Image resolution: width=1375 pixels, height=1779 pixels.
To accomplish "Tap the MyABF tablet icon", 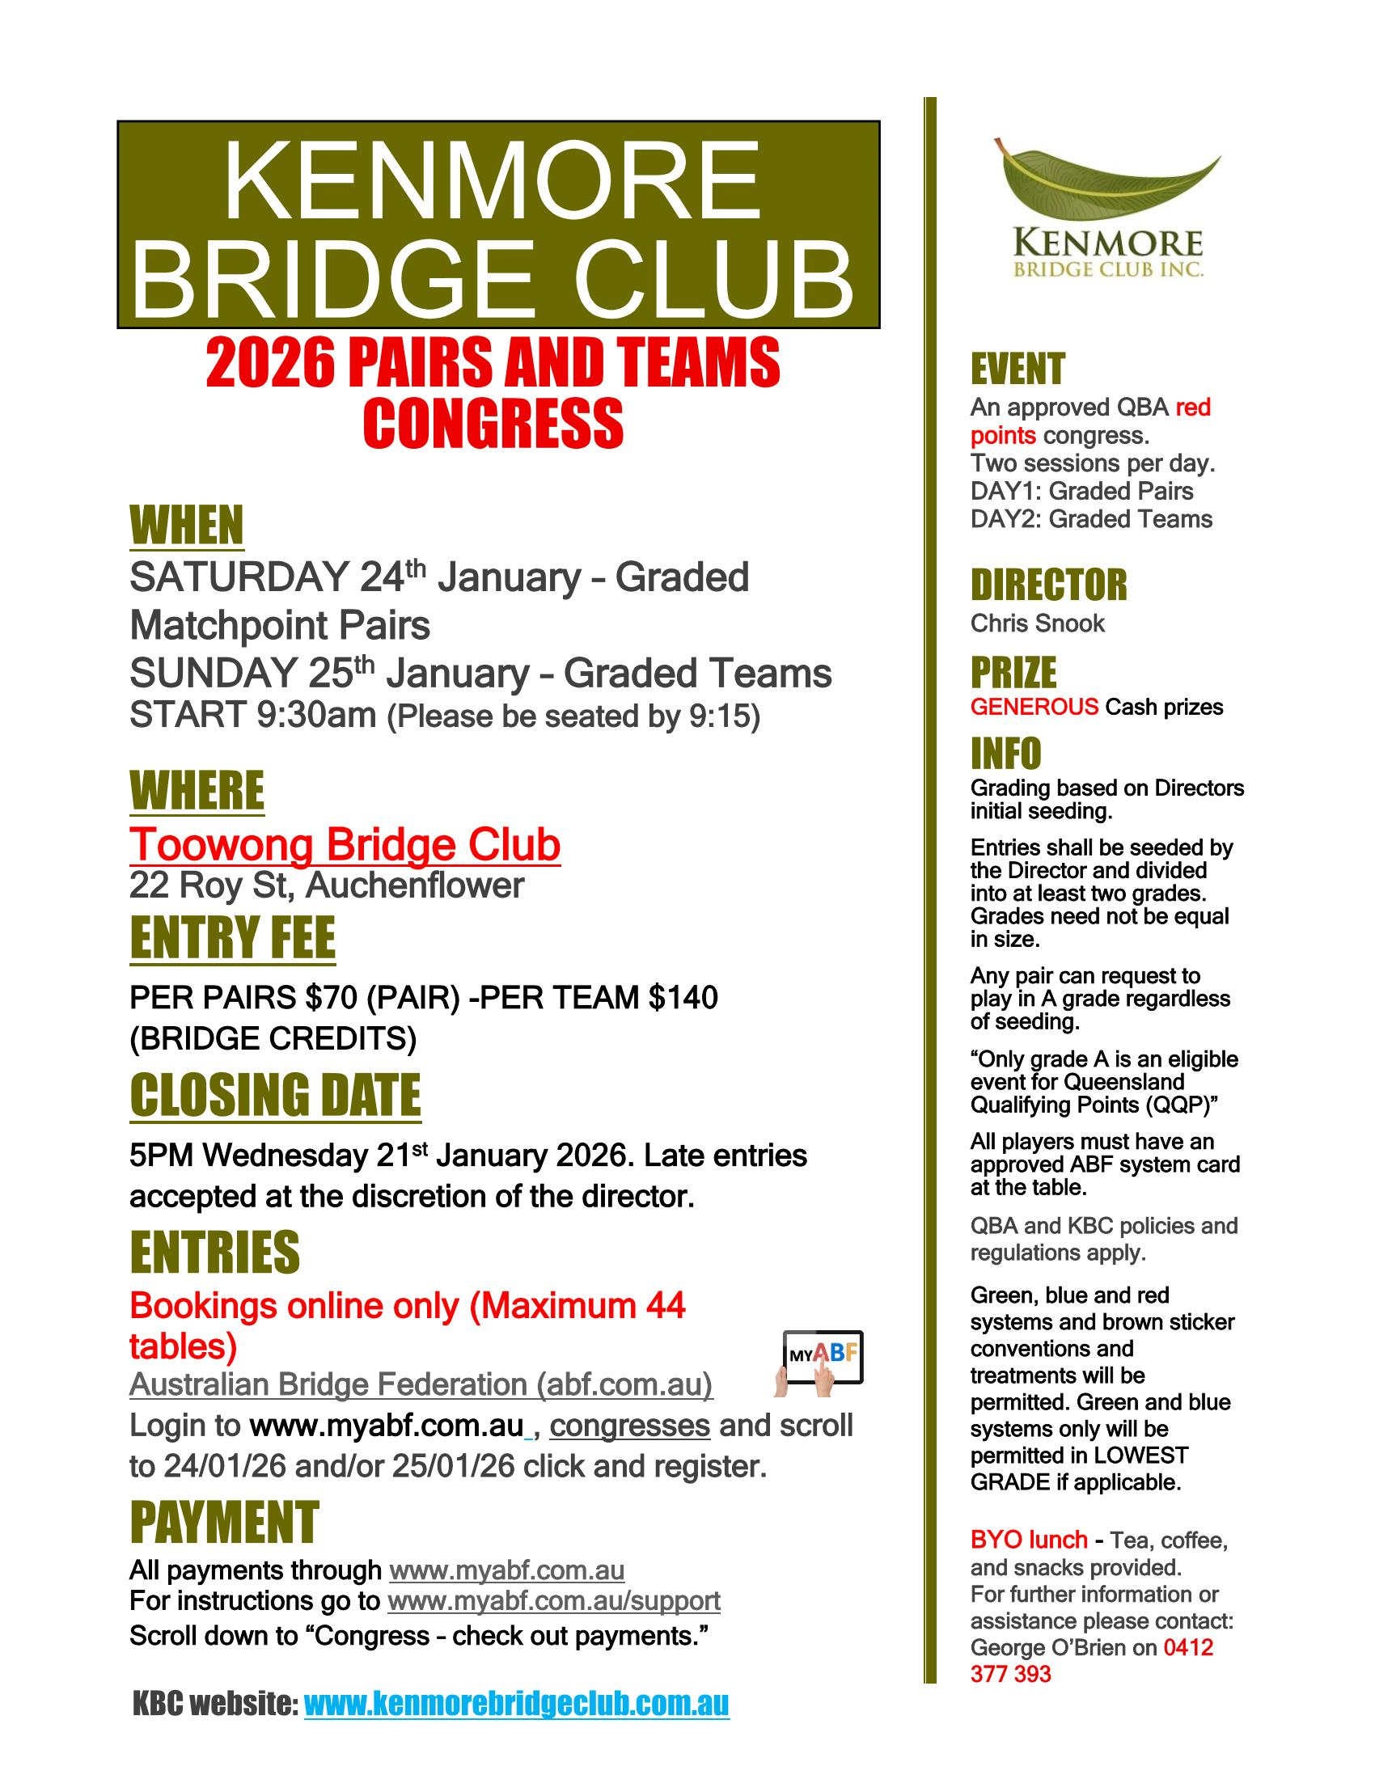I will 822,1357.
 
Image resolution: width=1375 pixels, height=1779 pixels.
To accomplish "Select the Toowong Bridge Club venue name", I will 345,845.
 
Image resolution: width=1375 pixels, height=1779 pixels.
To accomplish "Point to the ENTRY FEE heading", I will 232,938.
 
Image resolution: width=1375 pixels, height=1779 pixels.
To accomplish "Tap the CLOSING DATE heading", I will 275,1095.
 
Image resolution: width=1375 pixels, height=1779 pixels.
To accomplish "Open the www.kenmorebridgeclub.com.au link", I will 517,1703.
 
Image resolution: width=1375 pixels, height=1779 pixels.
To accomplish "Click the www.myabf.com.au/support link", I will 554,1600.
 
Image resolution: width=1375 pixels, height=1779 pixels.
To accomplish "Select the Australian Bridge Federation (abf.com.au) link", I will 421,1384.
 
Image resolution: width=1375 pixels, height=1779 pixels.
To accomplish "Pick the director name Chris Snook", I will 1037,624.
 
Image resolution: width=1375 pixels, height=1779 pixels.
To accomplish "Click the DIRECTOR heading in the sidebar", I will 1048,585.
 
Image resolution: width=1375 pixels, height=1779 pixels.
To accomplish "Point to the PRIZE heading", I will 1013,673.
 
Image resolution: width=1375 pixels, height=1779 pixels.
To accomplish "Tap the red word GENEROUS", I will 1034,707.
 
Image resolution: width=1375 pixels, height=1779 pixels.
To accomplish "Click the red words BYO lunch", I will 1028,1540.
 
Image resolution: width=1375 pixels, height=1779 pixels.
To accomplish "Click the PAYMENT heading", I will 224,1523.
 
